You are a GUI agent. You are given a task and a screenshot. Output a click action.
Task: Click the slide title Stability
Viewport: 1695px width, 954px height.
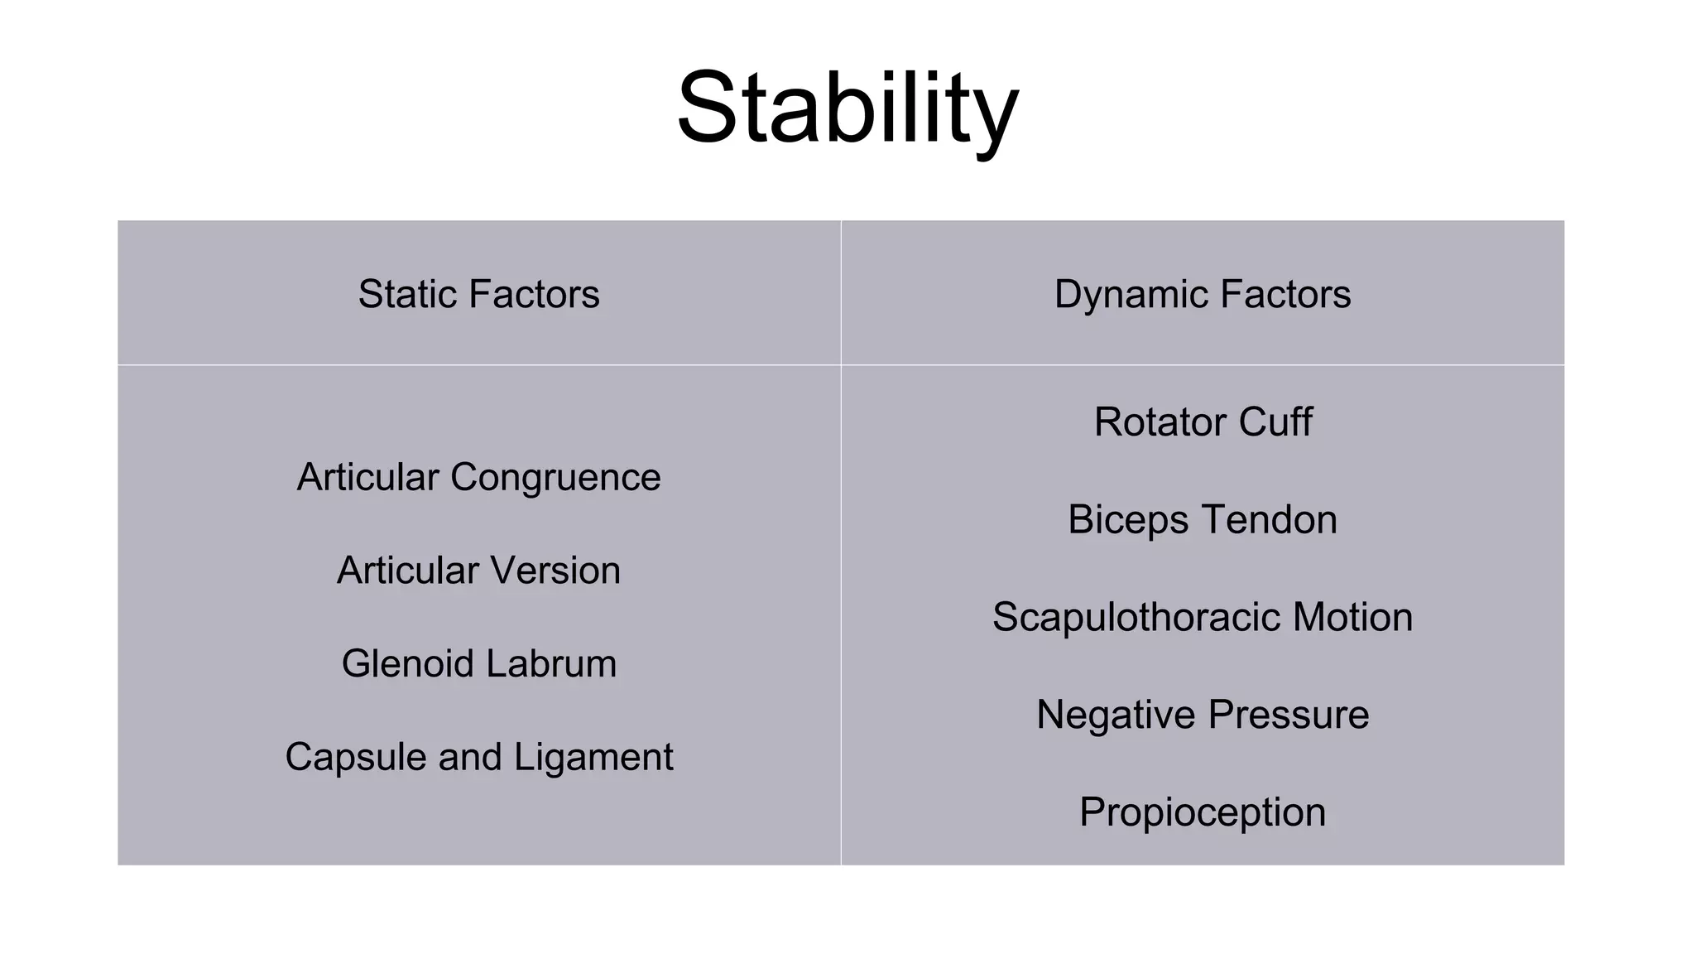click(x=847, y=108)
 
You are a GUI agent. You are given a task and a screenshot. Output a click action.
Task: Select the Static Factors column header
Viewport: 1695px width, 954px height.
click(x=478, y=295)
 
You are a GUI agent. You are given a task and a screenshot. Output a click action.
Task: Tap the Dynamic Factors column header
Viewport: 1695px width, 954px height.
click(x=1202, y=295)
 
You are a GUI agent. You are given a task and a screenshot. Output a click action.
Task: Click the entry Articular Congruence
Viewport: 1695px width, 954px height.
click(x=478, y=478)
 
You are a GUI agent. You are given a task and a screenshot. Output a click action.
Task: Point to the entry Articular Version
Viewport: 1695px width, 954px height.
click(x=478, y=571)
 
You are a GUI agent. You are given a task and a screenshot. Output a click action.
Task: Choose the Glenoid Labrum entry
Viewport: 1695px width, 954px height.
click(x=478, y=664)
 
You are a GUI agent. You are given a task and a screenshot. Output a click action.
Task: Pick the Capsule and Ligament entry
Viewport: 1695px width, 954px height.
click(x=478, y=758)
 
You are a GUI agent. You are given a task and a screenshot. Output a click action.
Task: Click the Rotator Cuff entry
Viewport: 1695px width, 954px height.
click(x=1202, y=422)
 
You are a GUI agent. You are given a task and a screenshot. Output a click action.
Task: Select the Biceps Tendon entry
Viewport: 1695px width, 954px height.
click(x=1202, y=520)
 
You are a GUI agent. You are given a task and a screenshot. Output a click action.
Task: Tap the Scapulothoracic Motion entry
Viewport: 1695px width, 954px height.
click(x=1202, y=618)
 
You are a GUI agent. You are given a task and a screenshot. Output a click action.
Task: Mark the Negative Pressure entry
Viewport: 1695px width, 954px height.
click(x=1202, y=715)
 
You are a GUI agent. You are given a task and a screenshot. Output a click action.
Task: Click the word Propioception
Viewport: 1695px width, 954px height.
click(x=1202, y=812)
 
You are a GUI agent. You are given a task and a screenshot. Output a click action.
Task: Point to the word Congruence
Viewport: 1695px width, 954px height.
click(x=555, y=478)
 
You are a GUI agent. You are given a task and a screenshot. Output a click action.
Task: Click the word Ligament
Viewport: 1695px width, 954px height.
click(x=593, y=758)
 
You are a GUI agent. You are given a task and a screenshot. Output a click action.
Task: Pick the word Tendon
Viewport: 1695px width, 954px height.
click(x=1269, y=520)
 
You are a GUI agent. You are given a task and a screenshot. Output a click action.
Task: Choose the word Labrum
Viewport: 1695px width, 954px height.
click(x=551, y=664)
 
